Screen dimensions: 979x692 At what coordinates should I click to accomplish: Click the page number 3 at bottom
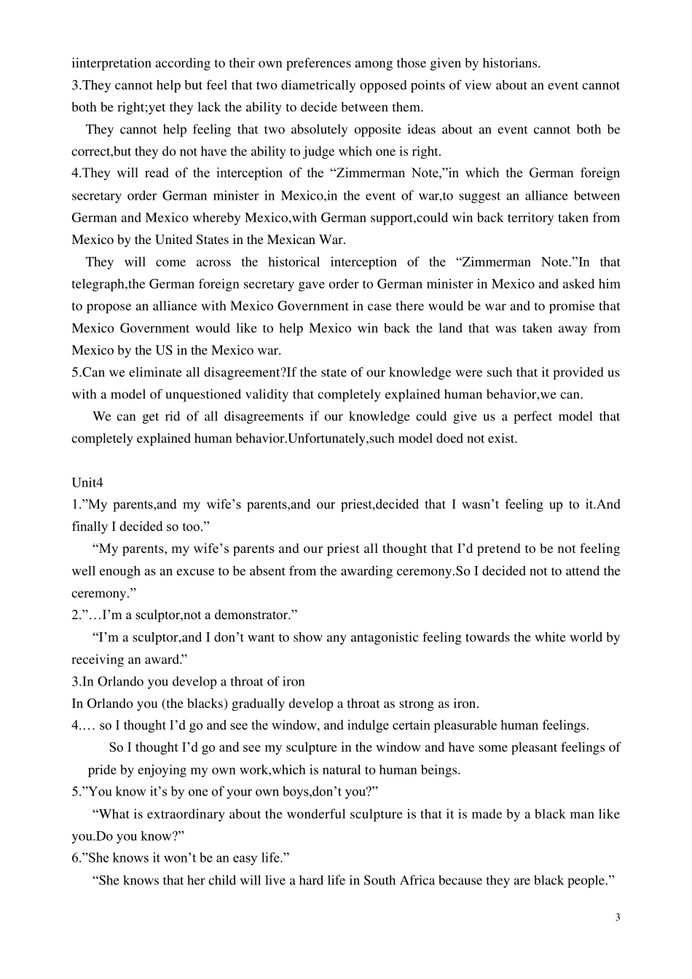(x=618, y=917)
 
